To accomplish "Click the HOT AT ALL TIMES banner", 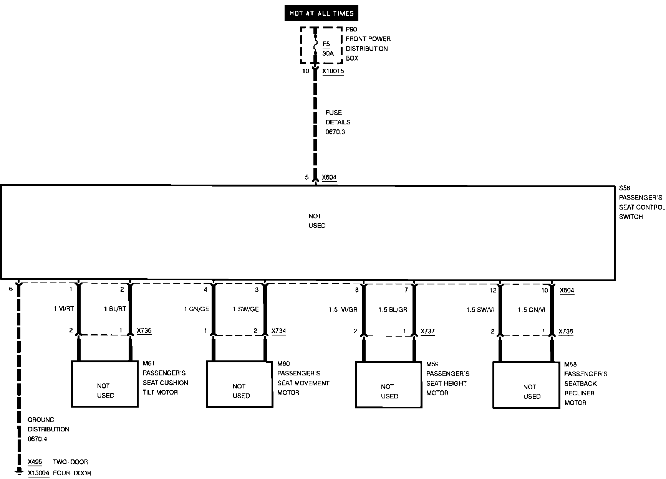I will pyautogui.click(x=321, y=13).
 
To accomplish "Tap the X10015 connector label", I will pyautogui.click(x=333, y=71).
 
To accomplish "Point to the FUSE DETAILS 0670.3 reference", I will pyautogui.click(x=338, y=122).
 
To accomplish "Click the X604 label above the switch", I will pyautogui.click(x=329, y=177).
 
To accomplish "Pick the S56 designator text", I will pyautogui.click(x=625, y=188).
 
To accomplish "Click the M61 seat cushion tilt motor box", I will pyautogui.click(x=104, y=384).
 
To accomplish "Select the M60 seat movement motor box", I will pyautogui.click(x=240, y=384).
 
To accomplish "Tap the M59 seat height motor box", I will pyautogui.click(x=388, y=385).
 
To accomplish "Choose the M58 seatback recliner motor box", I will pyautogui.click(x=526, y=385).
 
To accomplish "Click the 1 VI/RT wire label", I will pyautogui.click(x=64, y=309).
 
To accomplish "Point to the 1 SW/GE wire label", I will pyautogui.click(x=246, y=309).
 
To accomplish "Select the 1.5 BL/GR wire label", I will pyautogui.click(x=393, y=310).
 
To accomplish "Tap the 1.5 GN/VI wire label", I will pyautogui.click(x=532, y=310).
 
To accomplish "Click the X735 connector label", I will pyautogui.click(x=144, y=331).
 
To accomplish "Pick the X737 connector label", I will pyautogui.click(x=427, y=331).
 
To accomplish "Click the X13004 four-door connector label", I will pyautogui.click(x=38, y=473).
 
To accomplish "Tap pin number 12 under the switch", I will pyautogui.click(x=493, y=290).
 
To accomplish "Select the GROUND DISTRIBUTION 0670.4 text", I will pyautogui.click(x=48, y=429).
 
